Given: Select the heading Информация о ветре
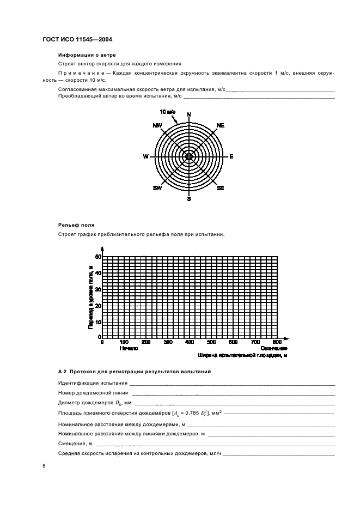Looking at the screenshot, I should [x=87, y=55].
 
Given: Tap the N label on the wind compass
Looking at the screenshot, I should [x=189, y=114].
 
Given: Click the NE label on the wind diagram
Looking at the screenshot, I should [x=220, y=125].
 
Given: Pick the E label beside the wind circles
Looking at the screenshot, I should [x=231, y=157].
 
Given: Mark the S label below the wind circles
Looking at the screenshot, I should [x=189, y=199].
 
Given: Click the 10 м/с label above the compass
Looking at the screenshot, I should [x=167, y=112].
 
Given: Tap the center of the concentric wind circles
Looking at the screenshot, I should [x=189, y=156].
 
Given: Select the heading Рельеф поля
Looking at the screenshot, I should [x=76, y=224].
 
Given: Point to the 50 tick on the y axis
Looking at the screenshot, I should [x=99, y=256].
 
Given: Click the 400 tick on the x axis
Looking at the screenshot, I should [x=190, y=342].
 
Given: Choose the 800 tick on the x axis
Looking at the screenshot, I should [x=277, y=342].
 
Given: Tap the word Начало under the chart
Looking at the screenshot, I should [x=128, y=348].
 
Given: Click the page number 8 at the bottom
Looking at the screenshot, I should [x=44, y=466].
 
